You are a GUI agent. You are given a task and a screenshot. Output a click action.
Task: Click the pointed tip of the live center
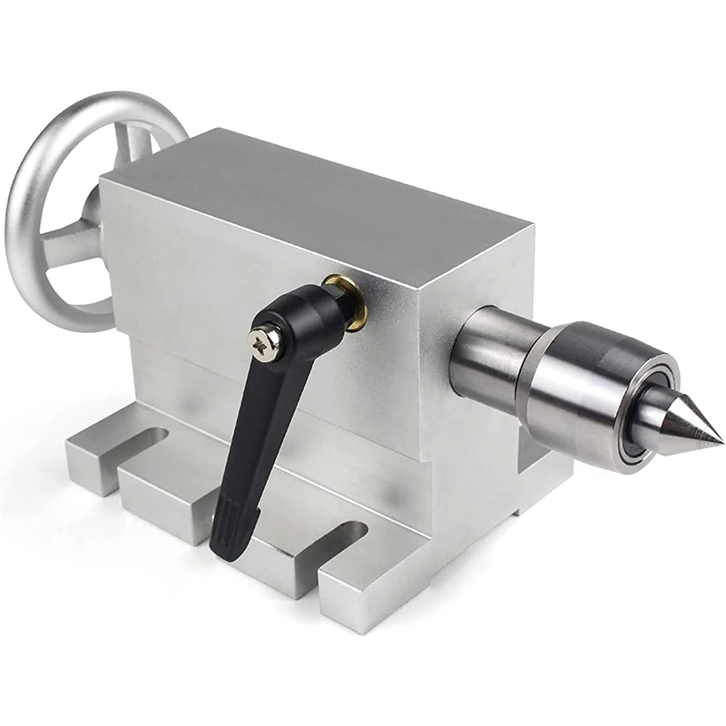(720, 443)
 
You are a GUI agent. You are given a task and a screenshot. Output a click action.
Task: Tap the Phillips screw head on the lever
(266, 343)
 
